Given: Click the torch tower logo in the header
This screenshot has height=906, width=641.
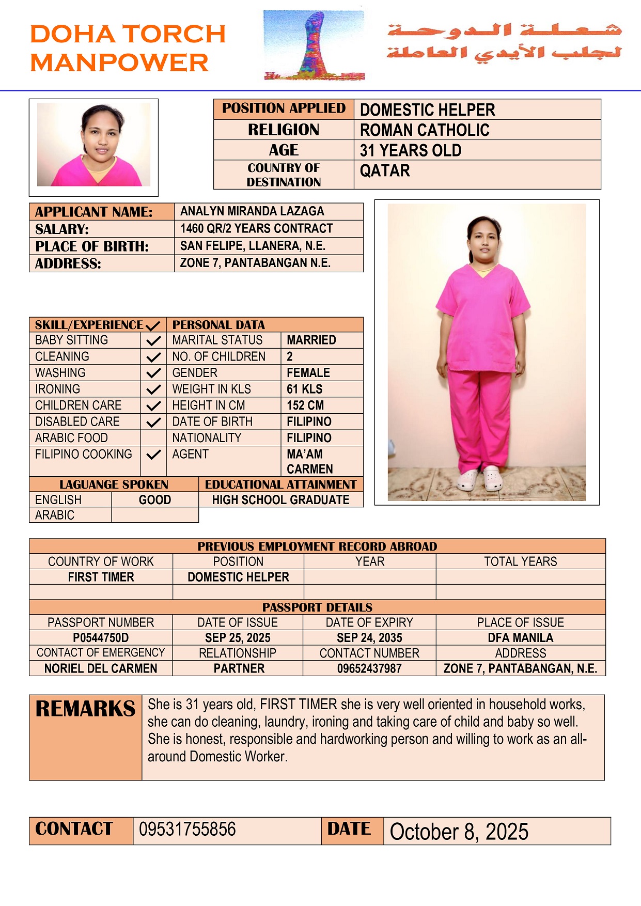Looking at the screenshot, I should tap(314, 45).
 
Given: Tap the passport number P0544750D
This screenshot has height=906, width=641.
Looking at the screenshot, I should tap(101, 638).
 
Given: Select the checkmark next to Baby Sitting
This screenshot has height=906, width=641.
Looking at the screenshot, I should tap(153, 341).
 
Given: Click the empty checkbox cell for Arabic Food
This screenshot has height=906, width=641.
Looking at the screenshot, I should tap(153, 438).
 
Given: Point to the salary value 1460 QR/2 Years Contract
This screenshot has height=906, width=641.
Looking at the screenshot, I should tap(256, 229).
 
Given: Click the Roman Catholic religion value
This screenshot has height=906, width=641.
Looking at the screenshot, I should tap(425, 130).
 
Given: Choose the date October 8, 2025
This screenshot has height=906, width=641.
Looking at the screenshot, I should tap(459, 832).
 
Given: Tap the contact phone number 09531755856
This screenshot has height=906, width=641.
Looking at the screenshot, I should tap(187, 830).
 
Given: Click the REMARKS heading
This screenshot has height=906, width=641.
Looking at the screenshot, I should tap(85, 709).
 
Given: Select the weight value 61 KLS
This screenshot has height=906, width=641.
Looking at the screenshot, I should tap(305, 389).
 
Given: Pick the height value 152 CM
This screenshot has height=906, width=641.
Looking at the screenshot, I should tap(305, 405).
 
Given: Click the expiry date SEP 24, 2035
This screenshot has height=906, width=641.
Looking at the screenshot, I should tap(369, 638).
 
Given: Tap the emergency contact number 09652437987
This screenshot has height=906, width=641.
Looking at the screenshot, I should tap(369, 668).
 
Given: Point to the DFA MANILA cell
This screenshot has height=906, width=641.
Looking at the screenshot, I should tap(520, 638).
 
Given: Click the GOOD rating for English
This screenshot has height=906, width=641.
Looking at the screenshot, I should tap(155, 500).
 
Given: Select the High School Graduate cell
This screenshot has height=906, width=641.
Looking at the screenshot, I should tap(280, 500).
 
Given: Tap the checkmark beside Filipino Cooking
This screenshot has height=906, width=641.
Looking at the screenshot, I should tap(153, 455).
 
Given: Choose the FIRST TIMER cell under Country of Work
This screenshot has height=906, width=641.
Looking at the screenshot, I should tap(101, 577).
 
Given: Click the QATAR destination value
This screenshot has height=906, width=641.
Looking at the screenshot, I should tap(385, 171).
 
